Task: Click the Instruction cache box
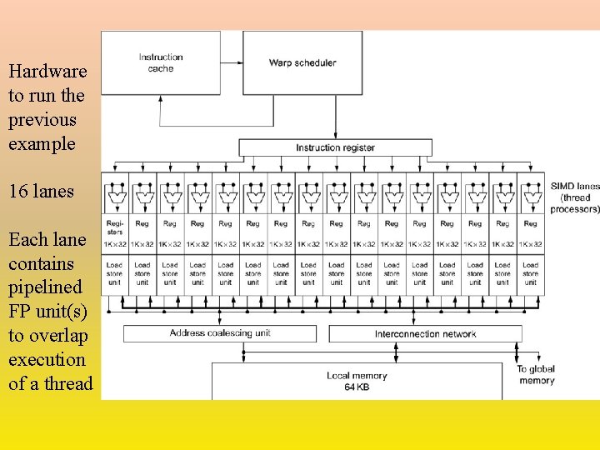161,62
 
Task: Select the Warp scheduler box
302,62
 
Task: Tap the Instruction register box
335,147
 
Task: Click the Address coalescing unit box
220,333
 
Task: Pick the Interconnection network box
425,333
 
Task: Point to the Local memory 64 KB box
357,381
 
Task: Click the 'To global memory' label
536,375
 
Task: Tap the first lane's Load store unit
114,273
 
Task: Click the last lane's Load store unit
531,273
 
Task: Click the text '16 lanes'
41,192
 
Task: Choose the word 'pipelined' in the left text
45,287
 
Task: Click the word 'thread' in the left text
69,383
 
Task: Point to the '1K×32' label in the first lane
114,244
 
